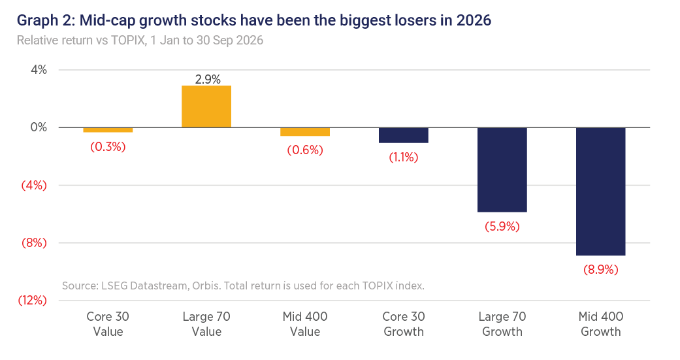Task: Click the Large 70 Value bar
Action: (206, 106)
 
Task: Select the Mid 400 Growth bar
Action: (601, 191)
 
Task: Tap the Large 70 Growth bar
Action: (502, 170)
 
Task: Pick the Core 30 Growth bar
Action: (404, 135)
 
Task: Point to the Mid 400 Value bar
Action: (305, 132)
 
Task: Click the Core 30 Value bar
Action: (108, 129)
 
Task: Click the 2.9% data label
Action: (208, 79)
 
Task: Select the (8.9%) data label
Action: (601, 270)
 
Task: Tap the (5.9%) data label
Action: (502, 227)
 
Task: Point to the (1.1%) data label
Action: (404, 157)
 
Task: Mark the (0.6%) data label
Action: (305, 150)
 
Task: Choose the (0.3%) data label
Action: (108, 146)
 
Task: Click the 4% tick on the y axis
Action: (39, 70)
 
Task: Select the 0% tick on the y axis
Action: (39, 127)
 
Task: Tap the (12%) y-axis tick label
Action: (32, 300)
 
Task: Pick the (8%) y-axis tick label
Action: (34, 242)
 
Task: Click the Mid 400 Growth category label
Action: (601, 324)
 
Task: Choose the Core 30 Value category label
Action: (108, 324)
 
